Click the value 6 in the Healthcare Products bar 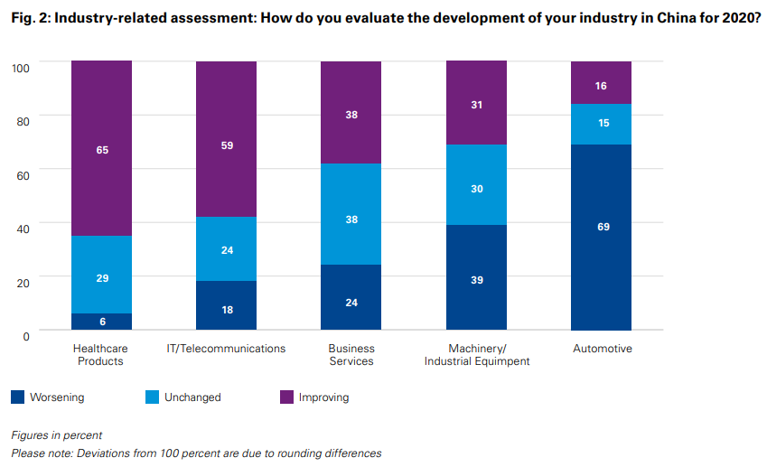click(x=102, y=322)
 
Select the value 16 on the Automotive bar click(x=602, y=86)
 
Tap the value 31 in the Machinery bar click(x=477, y=105)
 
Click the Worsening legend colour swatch click(x=17, y=397)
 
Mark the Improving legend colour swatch click(x=287, y=397)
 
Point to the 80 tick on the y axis click(x=23, y=121)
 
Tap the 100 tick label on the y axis click(x=21, y=68)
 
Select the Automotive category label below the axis click(x=602, y=349)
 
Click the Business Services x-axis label click(x=351, y=354)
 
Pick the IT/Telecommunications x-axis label click(x=227, y=349)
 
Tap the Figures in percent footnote click(x=56, y=435)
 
